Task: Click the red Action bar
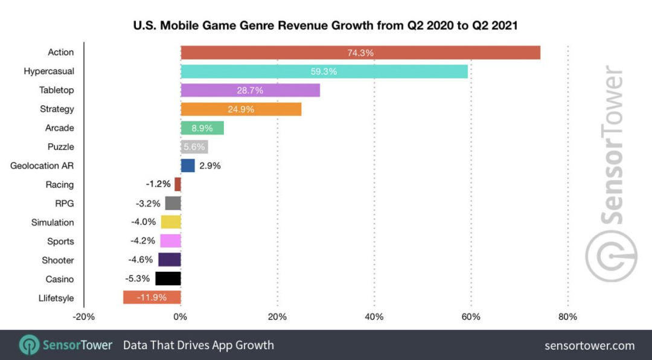[360, 53]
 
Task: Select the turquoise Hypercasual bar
[324, 71]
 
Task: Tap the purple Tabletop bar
[250, 90]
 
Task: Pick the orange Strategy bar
[241, 109]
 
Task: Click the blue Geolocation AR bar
[188, 166]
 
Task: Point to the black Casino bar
[168, 278]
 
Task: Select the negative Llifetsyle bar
[152, 297]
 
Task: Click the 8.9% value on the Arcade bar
[202, 128]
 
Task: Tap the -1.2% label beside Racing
[158, 184]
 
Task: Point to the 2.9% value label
[210, 166]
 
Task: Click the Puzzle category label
[61, 147]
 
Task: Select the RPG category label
[65, 204]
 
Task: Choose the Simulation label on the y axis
[53, 222]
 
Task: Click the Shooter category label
[58, 260]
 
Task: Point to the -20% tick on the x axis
[84, 317]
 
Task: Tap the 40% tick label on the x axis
[374, 317]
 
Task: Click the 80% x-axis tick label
[567, 317]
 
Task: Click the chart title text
[326, 27]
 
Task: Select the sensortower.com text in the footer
[589, 346]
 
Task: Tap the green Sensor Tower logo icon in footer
[29, 345]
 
